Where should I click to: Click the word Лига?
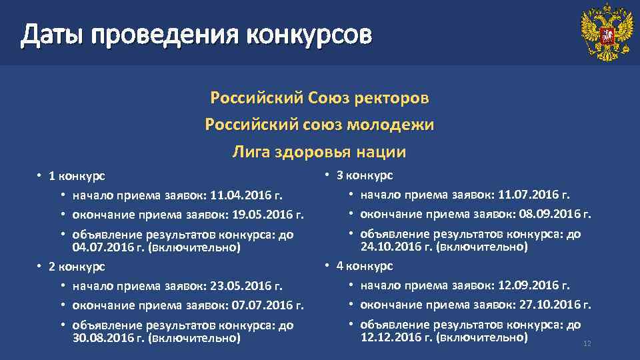click(x=248, y=152)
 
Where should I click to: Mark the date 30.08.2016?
click(x=97, y=338)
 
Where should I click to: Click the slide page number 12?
click(x=587, y=344)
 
